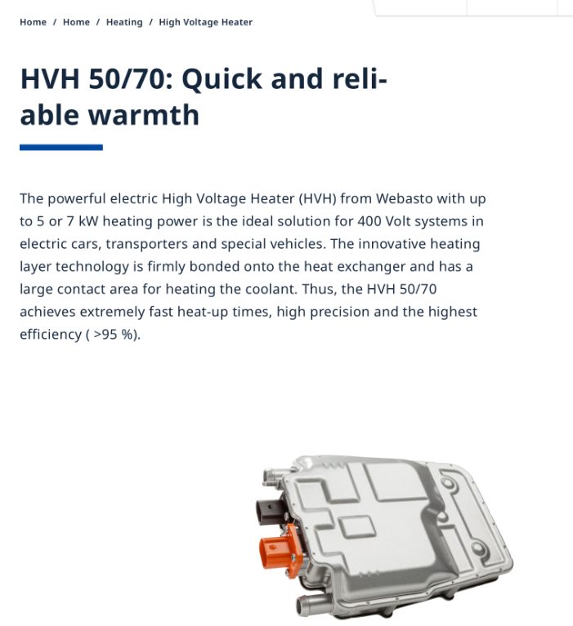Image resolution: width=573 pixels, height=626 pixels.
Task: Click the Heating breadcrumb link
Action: [124, 22]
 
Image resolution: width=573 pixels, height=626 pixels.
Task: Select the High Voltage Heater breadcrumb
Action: [205, 22]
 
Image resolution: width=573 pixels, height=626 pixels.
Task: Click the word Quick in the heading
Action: [222, 79]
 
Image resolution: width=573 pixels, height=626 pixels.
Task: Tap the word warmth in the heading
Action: [144, 115]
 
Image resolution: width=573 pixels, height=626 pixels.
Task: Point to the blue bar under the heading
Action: [61, 147]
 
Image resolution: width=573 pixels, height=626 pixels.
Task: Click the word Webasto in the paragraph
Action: [404, 198]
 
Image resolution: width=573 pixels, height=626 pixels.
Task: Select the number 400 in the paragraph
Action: [369, 221]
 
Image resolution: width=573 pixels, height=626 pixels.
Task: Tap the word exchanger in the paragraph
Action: [371, 266]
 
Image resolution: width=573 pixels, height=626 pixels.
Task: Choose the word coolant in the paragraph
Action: [271, 289]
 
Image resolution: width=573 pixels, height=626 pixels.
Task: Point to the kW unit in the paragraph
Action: [88, 221]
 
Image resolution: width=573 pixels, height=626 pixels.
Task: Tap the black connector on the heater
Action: [271, 512]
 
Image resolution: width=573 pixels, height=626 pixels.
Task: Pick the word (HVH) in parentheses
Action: [317, 198]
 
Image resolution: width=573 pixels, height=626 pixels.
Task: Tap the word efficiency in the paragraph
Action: [51, 335]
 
